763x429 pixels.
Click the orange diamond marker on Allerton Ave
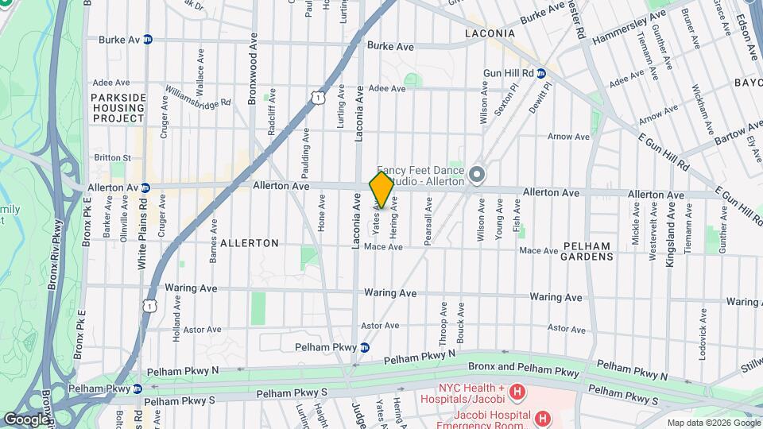point(381,189)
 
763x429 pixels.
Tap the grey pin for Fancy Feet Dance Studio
point(477,173)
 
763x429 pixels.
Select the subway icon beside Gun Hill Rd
point(541,73)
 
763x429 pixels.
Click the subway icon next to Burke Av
point(148,39)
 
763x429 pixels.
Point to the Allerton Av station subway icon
point(145,187)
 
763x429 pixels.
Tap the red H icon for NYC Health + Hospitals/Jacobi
point(517,391)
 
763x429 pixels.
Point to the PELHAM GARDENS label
point(587,251)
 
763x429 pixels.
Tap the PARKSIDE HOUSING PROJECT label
point(118,107)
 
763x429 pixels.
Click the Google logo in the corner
point(26,419)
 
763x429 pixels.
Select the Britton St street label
point(111,158)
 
